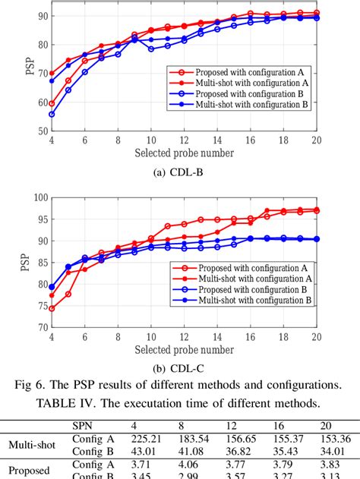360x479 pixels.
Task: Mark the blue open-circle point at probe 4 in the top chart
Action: pos(52,115)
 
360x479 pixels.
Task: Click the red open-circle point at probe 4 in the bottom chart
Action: pos(52,309)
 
